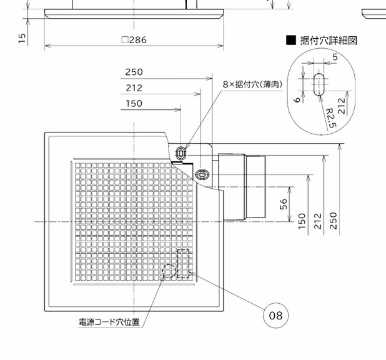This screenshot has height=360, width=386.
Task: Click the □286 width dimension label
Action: pos(134,39)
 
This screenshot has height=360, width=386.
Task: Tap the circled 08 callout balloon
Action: pos(275,316)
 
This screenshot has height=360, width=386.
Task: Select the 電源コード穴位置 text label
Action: pos(109,322)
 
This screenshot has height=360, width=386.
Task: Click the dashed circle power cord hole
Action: pos(169,271)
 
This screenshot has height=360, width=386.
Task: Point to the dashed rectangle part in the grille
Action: pos(183,263)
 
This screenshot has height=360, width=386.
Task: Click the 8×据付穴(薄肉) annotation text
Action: pos(252,84)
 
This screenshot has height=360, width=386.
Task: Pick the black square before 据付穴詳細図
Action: pos(291,40)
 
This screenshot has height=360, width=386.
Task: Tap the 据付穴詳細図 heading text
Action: pos(329,40)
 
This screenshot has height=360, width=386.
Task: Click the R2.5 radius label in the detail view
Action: pos(331,118)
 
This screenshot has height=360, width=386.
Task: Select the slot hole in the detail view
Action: pos(319,84)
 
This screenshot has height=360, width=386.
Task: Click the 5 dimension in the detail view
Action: pos(335,57)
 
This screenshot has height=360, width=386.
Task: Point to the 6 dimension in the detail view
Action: pos(298,99)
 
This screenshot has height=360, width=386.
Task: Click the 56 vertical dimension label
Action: pos(284,204)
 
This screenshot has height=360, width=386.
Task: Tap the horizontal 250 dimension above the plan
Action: pos(134,72)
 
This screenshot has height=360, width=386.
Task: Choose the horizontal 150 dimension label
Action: pos(134,104)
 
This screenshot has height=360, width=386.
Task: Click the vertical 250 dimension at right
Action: pos(333,221)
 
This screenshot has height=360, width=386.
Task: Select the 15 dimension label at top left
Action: pos(22,39)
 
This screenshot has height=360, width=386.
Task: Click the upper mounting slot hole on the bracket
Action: pos(181,153)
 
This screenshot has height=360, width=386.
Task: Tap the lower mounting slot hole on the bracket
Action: pos(202,175)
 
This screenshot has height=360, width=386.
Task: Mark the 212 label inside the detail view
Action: pos(341,106)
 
